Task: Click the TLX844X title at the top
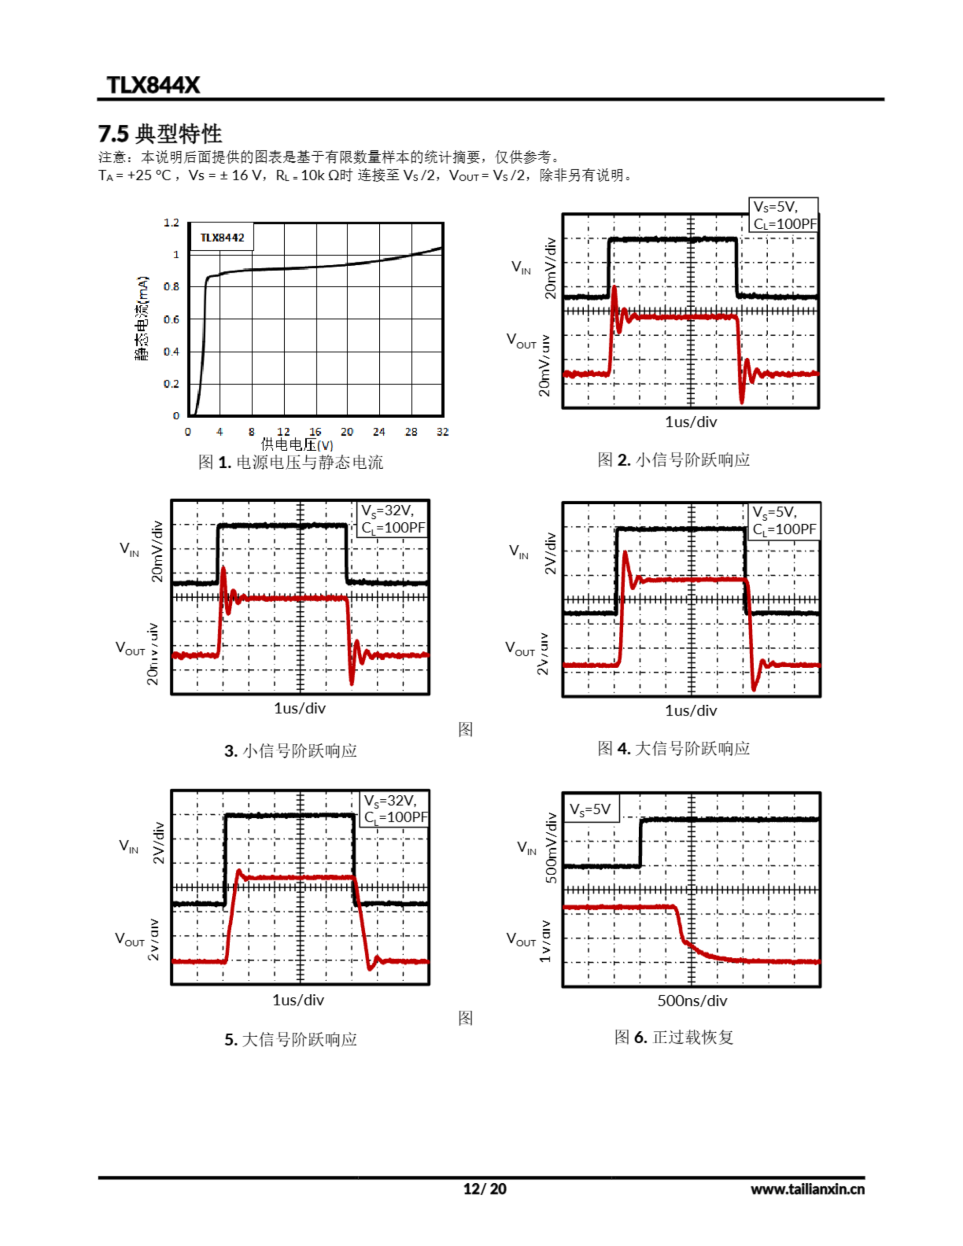(153, 85)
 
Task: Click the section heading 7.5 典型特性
(160, 134)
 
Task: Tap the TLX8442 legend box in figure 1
(222, 238)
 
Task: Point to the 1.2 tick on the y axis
(171, 222)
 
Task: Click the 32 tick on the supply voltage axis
(443, 432)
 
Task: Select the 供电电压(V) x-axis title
(297, 444)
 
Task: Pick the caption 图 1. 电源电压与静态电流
(290, 462)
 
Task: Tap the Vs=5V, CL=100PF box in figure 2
(783, 215)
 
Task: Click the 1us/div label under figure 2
(691, 421)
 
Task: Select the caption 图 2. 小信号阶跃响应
(674, 460)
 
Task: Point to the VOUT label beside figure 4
(520, 649)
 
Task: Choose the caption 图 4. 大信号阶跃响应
(674, 749)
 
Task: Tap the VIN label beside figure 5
(129, 846)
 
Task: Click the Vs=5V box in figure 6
(590, 809)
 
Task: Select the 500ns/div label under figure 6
(692, 1001)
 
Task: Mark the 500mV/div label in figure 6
(551, 848)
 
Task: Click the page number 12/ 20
(484, 1189)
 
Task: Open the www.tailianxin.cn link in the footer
(807, 1189)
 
